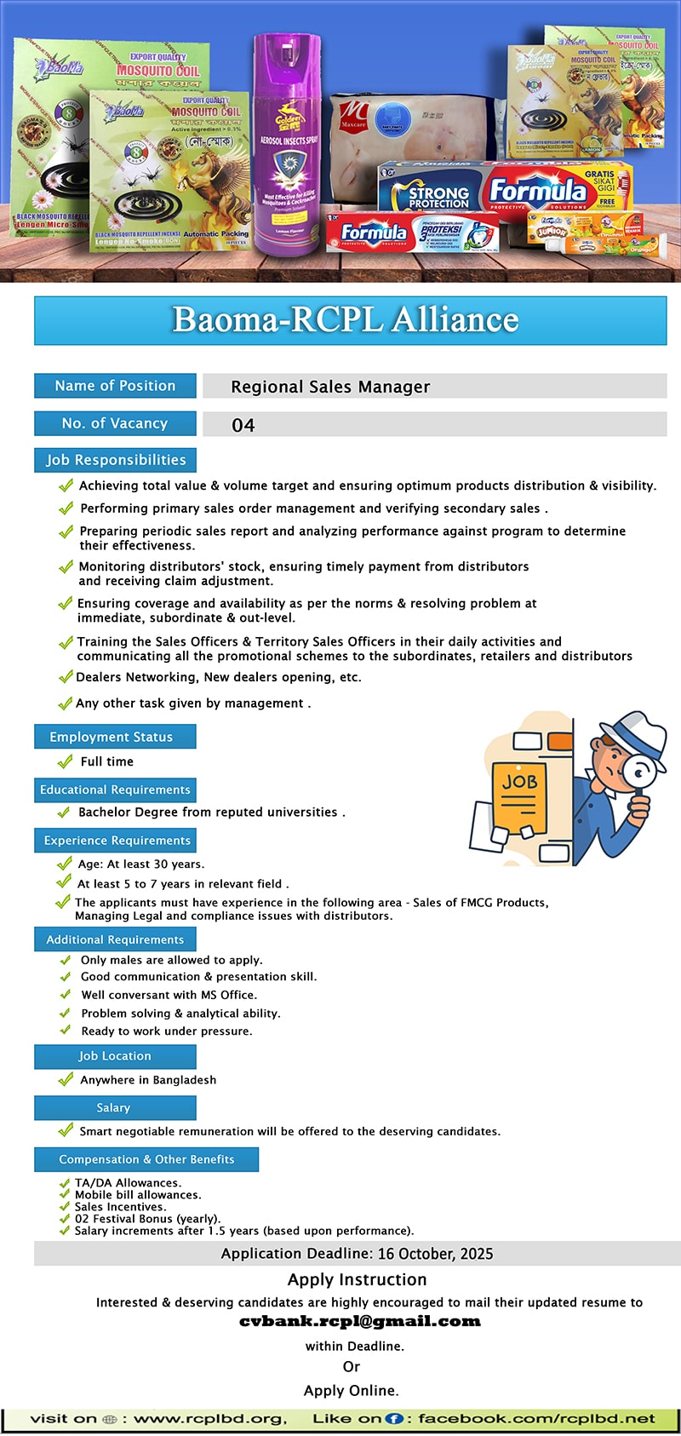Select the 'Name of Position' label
click(115, 386)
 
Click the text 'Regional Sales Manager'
click(330, 387)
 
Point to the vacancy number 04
click(243, 425)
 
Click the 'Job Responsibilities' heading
click(116, 460)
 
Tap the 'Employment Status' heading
click(112, 737)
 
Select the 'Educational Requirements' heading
click(115, 790)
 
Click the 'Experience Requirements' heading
click(117, 841)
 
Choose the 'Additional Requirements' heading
click(115, 939)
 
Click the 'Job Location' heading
click(115, 1056)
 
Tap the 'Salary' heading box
click(114, 1108)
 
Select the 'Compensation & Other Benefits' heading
click(146, 1159)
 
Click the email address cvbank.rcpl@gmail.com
click(360, 1322)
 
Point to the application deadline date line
click(357, 1254)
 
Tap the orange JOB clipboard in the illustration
click(520, 792)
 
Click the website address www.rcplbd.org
click(209, 1419)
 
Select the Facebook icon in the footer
click(394, 1419)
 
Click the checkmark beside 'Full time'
click(65, 761)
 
